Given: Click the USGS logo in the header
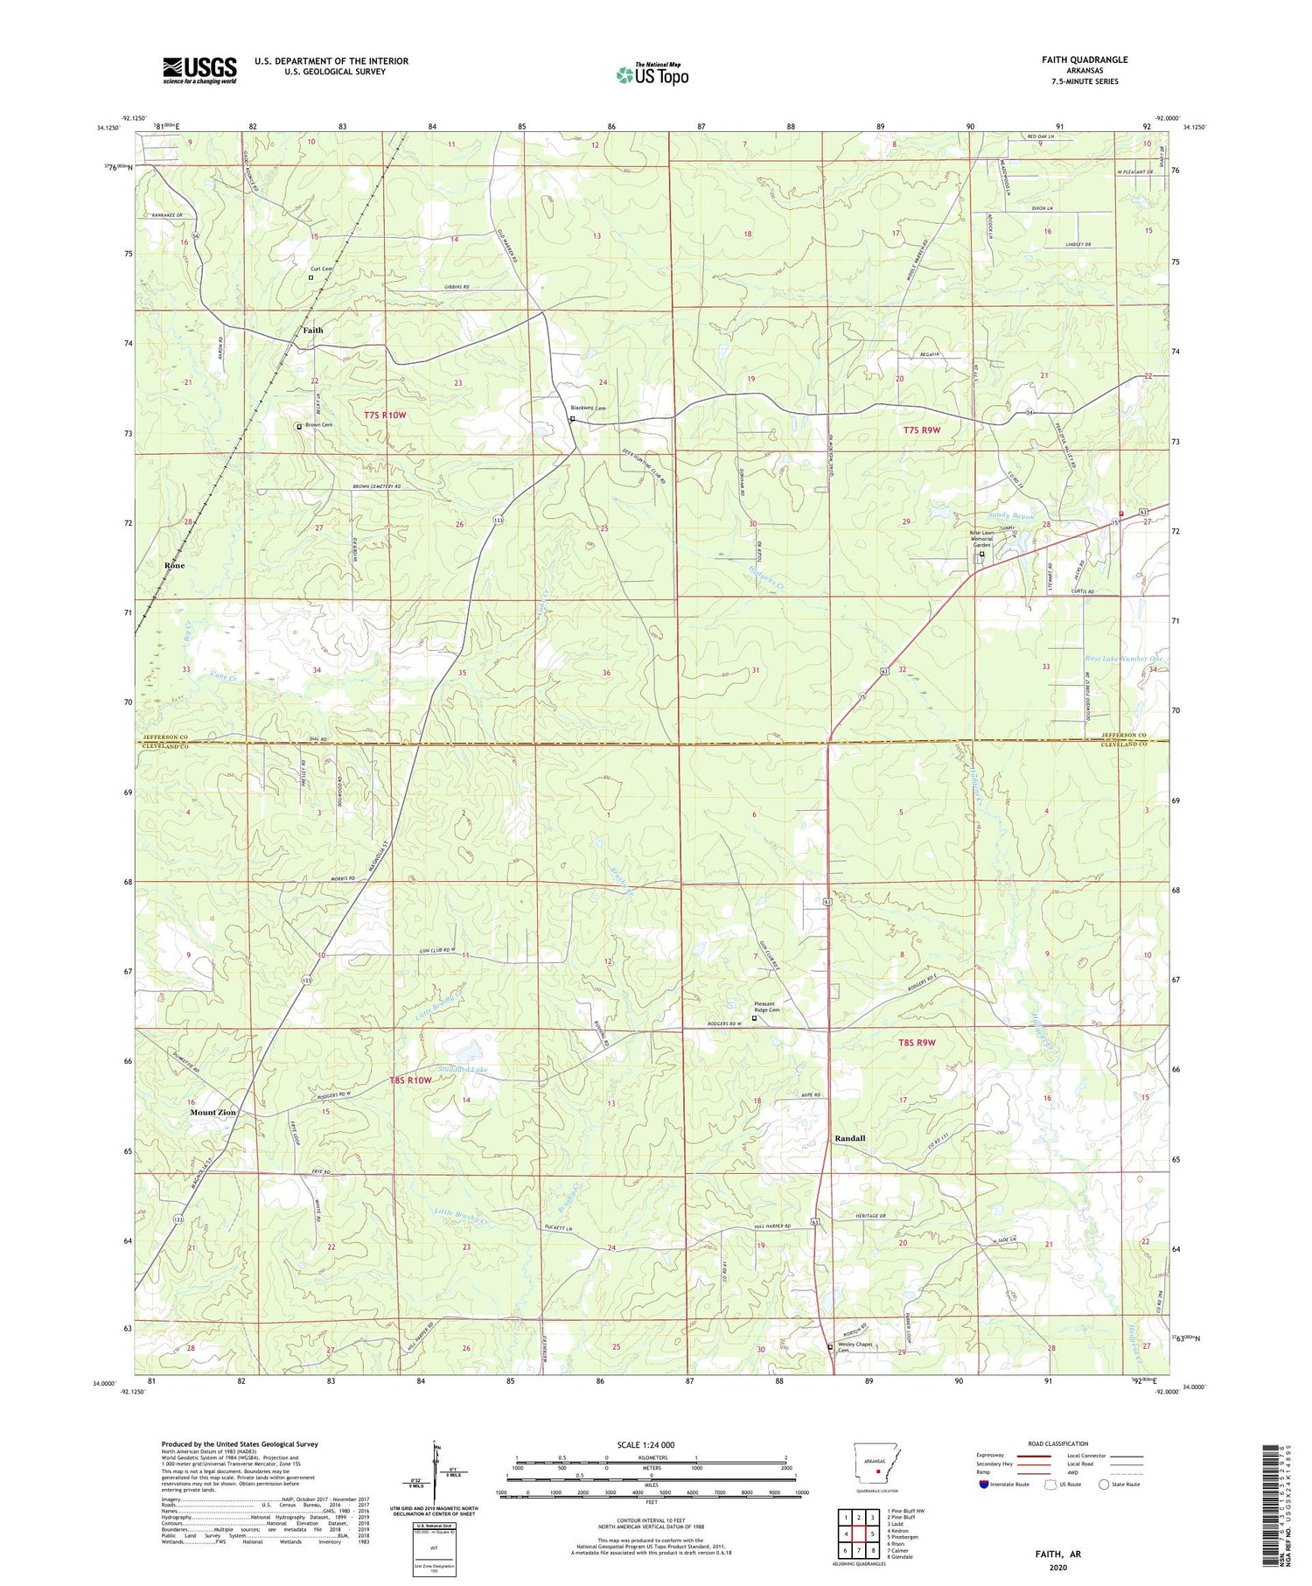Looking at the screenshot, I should coord(199,70).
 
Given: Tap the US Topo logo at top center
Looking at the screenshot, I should coord(652,74).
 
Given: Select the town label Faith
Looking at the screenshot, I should coord(312,330).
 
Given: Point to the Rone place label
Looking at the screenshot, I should coord(175,565).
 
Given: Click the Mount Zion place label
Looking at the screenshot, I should coord(213,1112).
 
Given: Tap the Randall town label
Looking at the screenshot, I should coord(848,1138).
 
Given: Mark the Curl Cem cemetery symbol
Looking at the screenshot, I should coord(311,277).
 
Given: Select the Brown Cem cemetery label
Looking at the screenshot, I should coord(320,425).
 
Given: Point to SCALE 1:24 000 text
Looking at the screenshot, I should coord(646,1445).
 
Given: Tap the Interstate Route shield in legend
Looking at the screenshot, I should coord(987,1485).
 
